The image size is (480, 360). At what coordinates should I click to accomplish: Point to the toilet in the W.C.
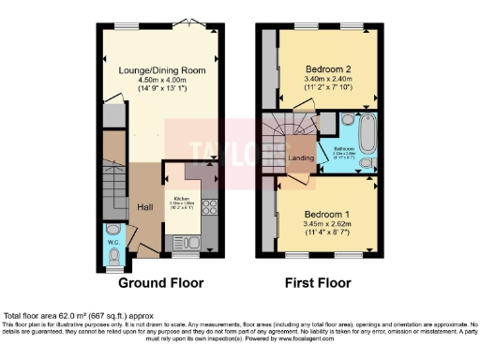pyautogui.click(x=113, y=231)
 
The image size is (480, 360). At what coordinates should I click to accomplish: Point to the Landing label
pyautogui.click(x=301, y=157)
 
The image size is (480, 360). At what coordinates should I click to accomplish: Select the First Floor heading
pyautogui.click(x=319, y=282)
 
